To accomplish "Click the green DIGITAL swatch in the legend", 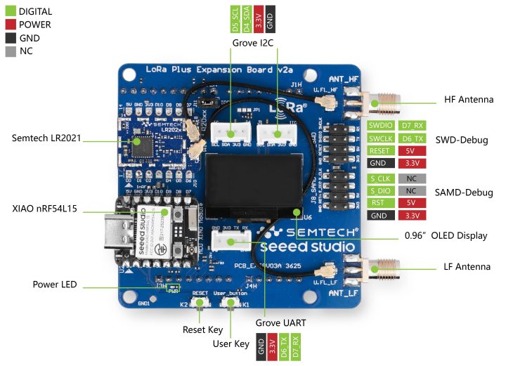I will click(11, 12).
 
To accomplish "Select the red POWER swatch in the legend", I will click(11, 25).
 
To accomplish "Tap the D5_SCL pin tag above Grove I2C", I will click(235, 20).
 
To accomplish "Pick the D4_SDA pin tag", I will click(247, 20).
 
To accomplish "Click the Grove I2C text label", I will click(252, 44).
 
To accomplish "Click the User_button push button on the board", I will click(229, 303).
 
